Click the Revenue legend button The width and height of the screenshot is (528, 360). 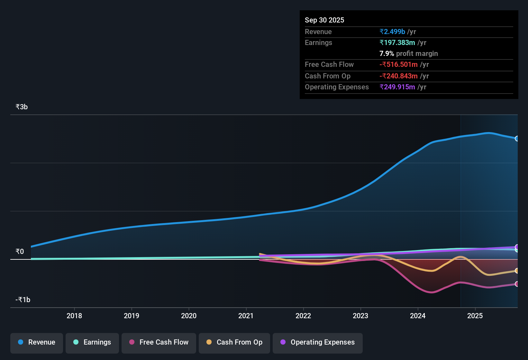(x=37, y=343)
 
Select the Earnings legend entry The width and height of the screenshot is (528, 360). (x=92, y=343)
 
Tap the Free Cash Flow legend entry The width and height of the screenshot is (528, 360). (x=159, y=343)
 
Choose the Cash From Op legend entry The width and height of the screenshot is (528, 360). (x=234, y=343)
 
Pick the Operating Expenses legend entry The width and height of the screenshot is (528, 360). (x=318, y=343)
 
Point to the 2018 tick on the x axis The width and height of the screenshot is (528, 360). (x=74, y=316)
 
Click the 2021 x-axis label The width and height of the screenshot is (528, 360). (x=246, y=316)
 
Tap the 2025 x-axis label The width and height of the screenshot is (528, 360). (x=475, y=316)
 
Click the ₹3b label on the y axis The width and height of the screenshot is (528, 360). (x=22, y=107)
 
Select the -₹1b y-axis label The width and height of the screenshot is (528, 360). (x=23, y=300)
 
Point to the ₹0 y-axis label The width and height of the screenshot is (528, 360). (x=20, y=252)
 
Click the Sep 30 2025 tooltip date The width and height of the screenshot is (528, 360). (x=324, y=20)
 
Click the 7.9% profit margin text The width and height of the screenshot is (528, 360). (x=409, y=54)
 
